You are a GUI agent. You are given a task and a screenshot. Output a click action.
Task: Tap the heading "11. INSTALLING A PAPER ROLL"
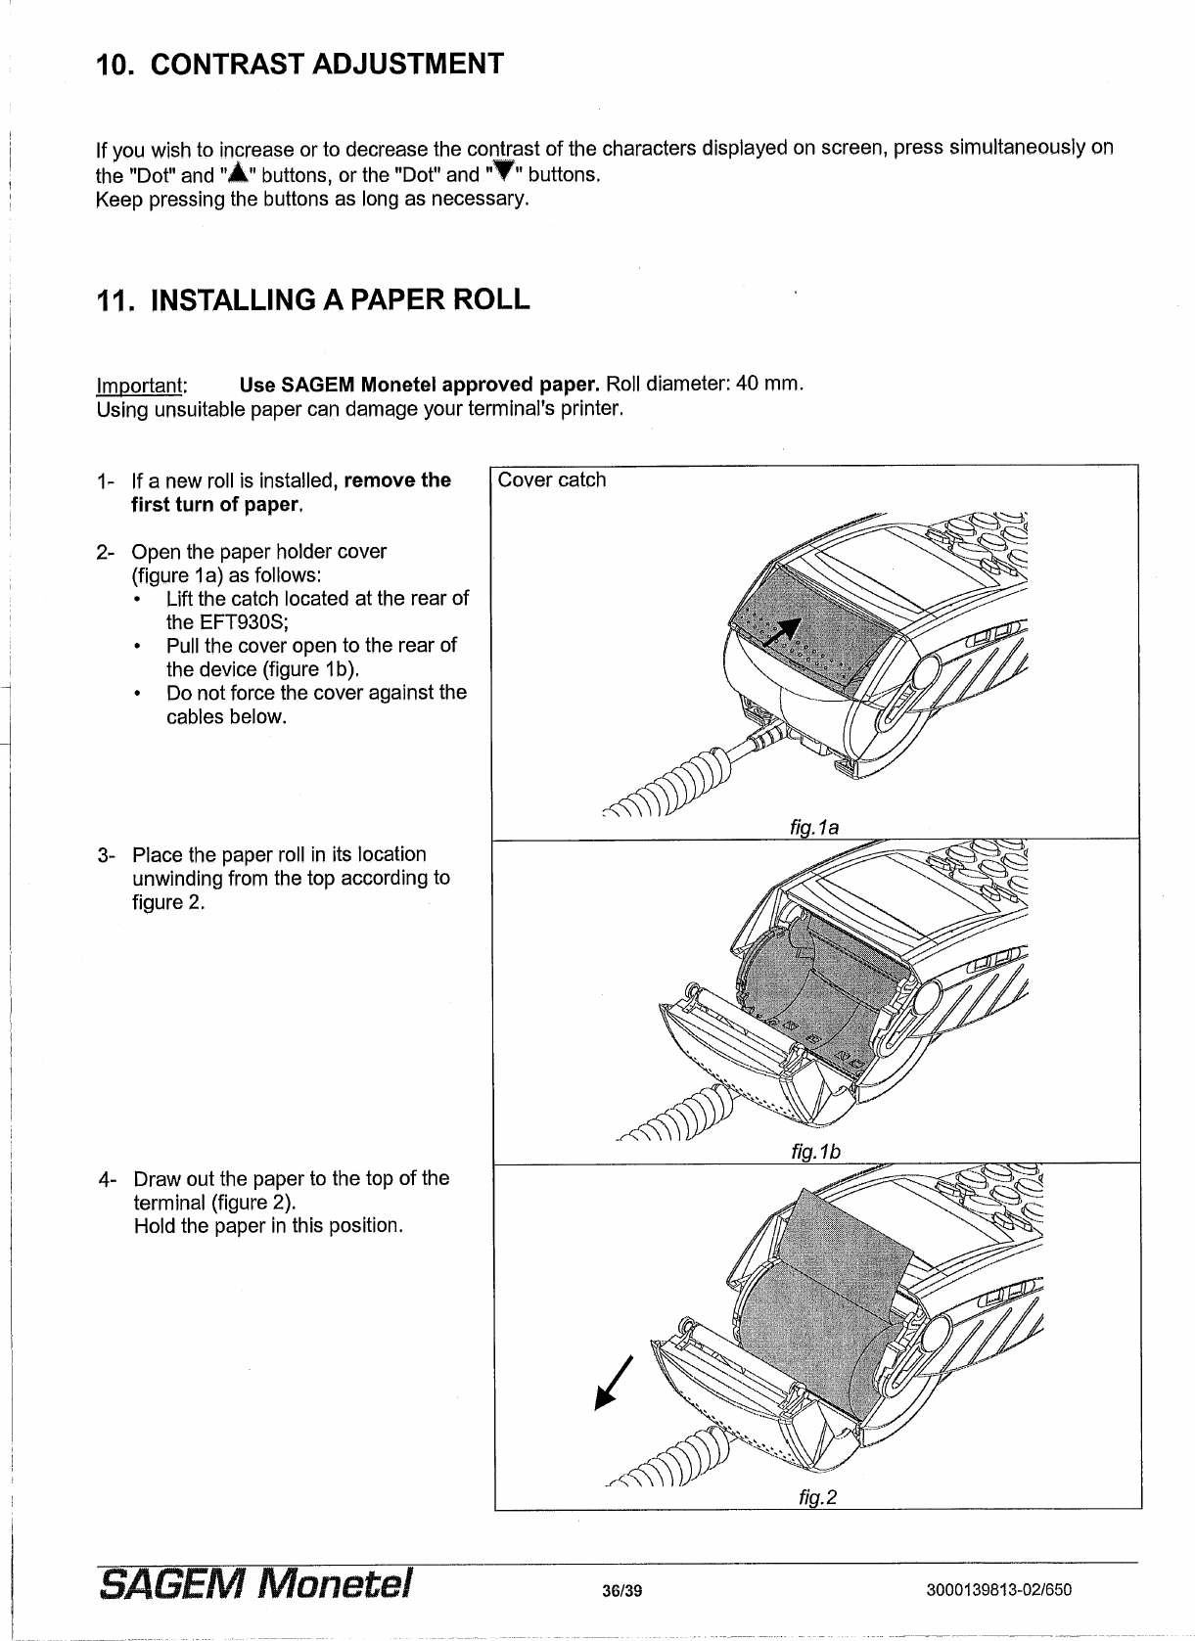313,299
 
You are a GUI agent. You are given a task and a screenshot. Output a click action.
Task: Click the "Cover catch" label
552,480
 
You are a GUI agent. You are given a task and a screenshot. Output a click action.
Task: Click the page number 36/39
622,1590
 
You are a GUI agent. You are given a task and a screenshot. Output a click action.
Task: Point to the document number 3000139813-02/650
998,1590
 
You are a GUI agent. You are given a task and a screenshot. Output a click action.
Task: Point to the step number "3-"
108,855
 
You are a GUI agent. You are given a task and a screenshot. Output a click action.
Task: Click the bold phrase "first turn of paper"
214,505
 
